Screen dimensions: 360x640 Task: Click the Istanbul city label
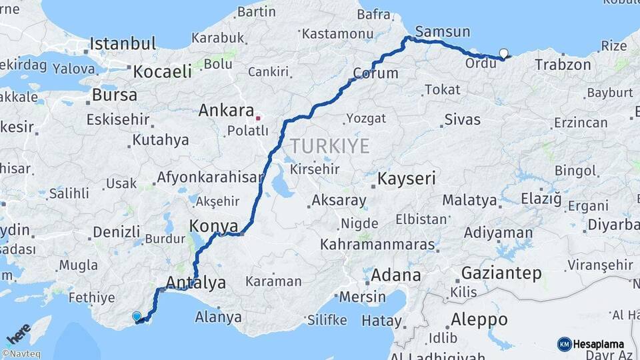[123, 44]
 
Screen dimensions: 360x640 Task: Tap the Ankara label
[226, 111]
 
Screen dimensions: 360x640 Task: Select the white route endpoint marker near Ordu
[503, 54]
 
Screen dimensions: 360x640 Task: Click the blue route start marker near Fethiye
[137, 317]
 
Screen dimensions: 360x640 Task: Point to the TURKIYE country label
[329, 146]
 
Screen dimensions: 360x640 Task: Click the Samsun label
[442, 31]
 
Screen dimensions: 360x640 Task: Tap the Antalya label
[196, 282]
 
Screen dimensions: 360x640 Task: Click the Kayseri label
[407, 179]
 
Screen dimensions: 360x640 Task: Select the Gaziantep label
[501, 273]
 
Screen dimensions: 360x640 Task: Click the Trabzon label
[563, 65]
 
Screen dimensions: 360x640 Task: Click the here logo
[18, 333]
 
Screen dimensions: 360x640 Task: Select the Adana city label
[396, 275]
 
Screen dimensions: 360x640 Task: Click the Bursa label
[115, 95]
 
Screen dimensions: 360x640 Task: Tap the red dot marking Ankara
[258, 118]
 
